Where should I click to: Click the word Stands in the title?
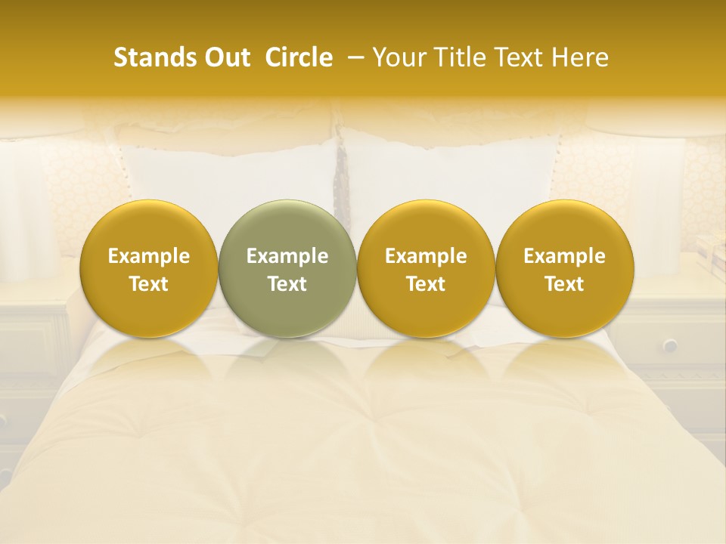tap(154, 57)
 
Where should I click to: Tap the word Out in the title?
tap(225, 57)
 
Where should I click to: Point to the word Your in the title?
tap(399, 57)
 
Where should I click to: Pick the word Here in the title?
tap(582, 57)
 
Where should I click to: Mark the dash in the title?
tap(352, 58)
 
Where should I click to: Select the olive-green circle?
tap(287, 268)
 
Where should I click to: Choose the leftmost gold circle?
tap(149, 268)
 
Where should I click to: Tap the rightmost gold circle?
tap(564, 268)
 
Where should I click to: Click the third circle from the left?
tap(426, 268)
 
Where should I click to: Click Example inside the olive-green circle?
tap(287, 256)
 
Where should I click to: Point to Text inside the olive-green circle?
tap(287, 284)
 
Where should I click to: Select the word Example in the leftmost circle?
tap(149, 256)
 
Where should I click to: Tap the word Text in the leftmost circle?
tap(149, 284)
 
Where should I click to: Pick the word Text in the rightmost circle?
tap(564, 284)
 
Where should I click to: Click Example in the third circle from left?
tap(426, 256)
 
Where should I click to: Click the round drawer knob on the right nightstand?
tap(670, 345)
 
